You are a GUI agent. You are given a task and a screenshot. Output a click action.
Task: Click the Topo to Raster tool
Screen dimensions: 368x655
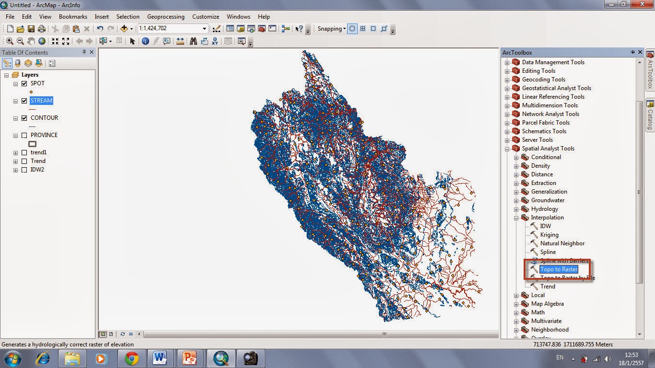click(559, 269)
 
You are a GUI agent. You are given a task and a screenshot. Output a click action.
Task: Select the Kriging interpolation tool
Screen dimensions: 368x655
click(549, 235)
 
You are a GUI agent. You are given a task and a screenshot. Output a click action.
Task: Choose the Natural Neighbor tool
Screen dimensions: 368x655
click(562, 243)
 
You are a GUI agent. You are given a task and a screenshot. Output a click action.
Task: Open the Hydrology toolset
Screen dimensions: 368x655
click(544, 209)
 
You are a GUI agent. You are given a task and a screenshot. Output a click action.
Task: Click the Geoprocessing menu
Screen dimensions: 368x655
click(165, 17)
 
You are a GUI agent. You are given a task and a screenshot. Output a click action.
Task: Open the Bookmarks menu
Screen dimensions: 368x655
click(73, 17)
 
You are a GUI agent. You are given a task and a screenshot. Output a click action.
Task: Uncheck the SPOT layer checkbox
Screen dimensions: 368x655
click(24, 83)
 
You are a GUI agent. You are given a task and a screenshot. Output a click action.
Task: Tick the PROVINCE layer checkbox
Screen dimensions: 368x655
click(24, 135)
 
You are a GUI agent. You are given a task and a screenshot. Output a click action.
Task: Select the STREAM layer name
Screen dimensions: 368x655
click(41, 101)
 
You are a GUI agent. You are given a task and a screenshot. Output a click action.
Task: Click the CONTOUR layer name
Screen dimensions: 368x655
click(44, 118)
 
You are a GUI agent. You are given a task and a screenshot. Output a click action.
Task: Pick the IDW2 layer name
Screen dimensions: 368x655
click(37, 170)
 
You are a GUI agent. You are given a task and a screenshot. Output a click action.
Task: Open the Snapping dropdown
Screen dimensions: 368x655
click(331, 29)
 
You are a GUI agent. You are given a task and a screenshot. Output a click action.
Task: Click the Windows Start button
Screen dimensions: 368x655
click(12, 358)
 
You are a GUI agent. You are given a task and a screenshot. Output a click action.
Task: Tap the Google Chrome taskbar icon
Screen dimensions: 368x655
click(131, 358)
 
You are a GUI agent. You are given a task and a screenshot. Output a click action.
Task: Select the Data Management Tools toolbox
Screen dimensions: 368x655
click(553, 62)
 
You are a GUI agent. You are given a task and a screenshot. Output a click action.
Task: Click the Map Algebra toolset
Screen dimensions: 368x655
click(547, 304)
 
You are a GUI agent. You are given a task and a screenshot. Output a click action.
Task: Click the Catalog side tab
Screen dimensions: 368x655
click(650, 115)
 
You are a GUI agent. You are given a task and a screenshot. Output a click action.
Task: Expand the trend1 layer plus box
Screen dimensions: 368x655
click(16, 152)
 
